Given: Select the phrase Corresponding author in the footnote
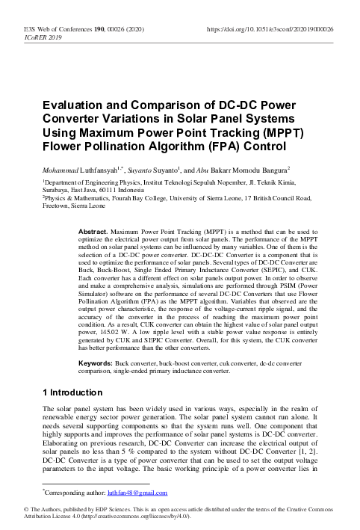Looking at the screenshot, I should [75, 493].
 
